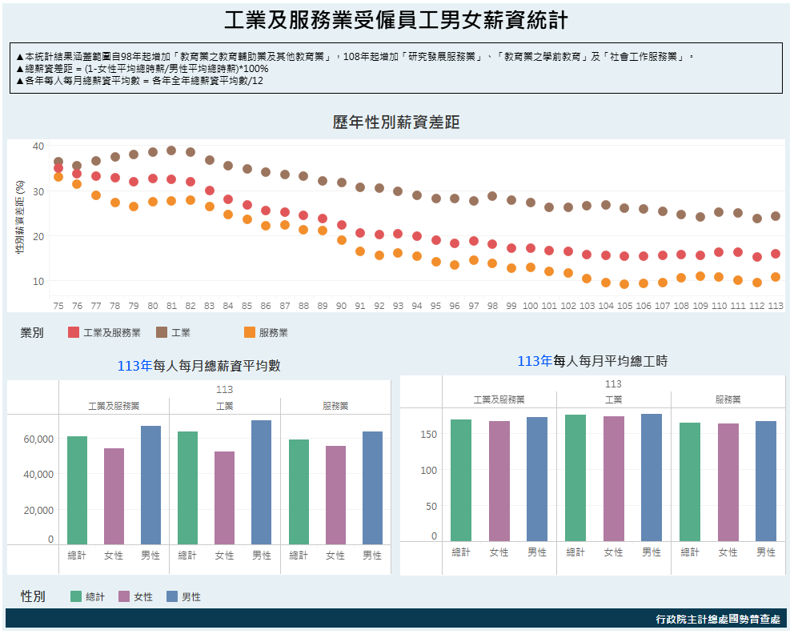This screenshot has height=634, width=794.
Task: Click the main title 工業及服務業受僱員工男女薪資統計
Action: [x=396, y=21]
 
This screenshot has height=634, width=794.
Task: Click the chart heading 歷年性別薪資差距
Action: [x=396, y=122]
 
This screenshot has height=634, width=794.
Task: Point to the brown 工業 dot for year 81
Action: [x=171, y=150]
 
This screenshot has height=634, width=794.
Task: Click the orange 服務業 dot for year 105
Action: [x=624, y=284]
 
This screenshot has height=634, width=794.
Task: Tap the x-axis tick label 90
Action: [x=342, y=306]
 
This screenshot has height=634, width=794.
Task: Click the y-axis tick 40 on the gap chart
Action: [x=38, y=146]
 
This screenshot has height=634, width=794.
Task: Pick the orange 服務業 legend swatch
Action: [x=250, y=332]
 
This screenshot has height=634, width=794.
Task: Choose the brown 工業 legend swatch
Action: [x=162, y=332]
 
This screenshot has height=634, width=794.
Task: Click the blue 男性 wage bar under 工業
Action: [x=262, y=482]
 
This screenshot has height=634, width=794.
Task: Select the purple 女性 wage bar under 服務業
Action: [x=335, y=495]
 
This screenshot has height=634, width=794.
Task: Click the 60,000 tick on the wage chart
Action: [x=38, y=439]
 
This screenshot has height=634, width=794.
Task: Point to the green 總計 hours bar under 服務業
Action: [x=690, y=482]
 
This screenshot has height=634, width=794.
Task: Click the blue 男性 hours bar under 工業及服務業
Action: [x=537, y=479]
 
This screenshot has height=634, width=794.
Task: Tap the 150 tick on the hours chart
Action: [x=430, y=434]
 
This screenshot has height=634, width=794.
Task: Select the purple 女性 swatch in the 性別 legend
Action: [x=124, y=596]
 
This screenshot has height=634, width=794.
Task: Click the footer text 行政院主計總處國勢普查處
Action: [x=717, y=619]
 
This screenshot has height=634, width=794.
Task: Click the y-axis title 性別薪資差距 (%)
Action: [x=19, y=216]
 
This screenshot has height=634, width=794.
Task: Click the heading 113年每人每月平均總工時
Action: [x=592, y=361]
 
